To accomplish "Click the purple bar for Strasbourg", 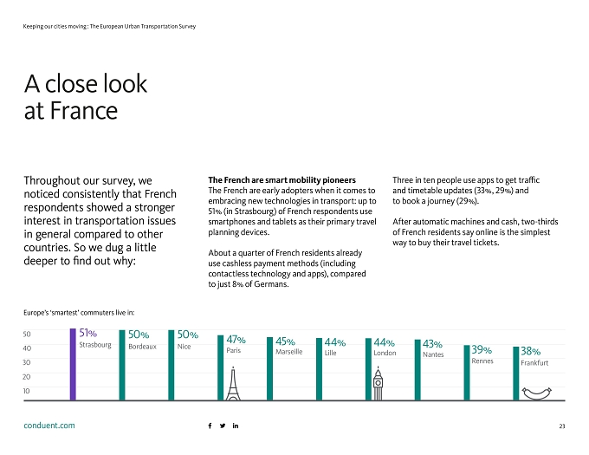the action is (73, 365).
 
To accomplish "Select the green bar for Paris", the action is (221, 367).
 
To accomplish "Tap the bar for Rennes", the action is (467, 373).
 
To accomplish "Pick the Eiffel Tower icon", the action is (233, 384).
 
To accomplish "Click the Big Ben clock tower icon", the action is (378, 384).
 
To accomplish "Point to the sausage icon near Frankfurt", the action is (537, 393).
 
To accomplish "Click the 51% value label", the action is (87, 333).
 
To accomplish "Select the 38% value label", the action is (530, 351).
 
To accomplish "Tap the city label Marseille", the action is (288, 352).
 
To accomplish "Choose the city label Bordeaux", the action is (142, 347).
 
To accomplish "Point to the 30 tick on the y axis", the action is (26, 362).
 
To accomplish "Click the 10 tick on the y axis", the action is (26, 391).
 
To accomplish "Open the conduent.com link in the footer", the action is (49, 426).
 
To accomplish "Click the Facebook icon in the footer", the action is (210, 426).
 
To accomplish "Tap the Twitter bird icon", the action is (223, 426).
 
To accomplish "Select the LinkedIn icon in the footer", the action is (236, 426).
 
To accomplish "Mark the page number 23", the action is (562, 426).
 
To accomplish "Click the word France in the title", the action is (84, 110).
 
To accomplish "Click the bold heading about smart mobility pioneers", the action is (282, 180).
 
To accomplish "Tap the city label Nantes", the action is (433, 354).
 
